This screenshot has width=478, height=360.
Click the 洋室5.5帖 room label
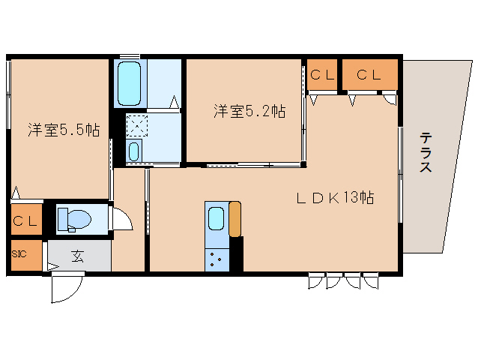click(64, 130)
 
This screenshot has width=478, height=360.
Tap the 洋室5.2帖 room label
click(249, 111)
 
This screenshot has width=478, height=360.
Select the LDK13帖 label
click(336, 198)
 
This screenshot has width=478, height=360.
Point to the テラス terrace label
click(426, 152)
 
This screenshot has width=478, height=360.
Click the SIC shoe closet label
click(19, 253)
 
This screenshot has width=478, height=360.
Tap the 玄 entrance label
click(77, 256)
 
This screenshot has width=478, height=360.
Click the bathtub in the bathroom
click(130, 83)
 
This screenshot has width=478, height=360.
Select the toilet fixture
click(74, 219)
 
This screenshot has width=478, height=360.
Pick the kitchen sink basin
click(216, 218)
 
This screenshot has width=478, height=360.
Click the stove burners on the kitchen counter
click(217, 259)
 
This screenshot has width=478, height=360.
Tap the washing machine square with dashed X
click(137, 125)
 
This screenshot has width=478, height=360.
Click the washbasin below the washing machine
click(134, 151)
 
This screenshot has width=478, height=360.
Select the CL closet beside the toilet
click(26, 219)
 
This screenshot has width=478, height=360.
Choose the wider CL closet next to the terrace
click(370, 74)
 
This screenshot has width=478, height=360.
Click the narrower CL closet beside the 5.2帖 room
click(322, 74)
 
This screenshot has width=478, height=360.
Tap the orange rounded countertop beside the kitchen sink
click(235, 219)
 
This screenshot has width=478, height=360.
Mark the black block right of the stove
click(236, 253)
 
